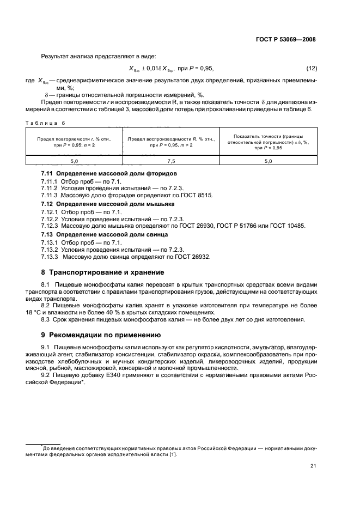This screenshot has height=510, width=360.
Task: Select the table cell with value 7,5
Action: coord(172,161)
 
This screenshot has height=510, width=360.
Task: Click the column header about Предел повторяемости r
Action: coord(75,142)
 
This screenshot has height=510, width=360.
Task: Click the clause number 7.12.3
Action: coord(51,226)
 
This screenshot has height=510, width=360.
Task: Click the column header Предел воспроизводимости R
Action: coord(172,142)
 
